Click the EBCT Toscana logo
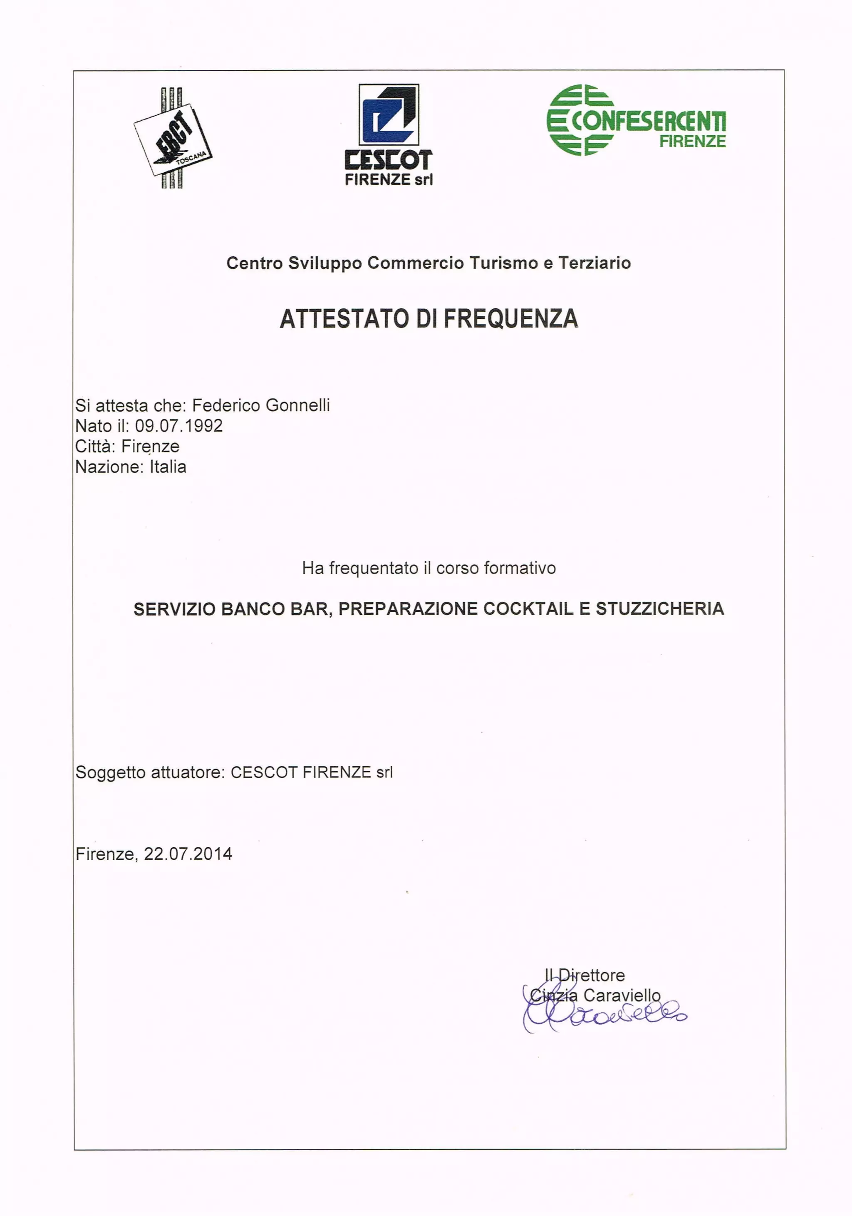tap(173, 139)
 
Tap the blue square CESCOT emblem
tap(389, 114)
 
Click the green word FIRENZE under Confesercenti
tap(692, 141)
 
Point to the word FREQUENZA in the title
tap(510, 319)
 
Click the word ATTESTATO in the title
tap(345, 319)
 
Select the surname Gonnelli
tap(297, 405)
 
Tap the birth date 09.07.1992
tap(178, 426)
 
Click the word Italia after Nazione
tap(168, 467)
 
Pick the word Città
tap(95, 447)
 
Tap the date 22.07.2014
tap(188, 854)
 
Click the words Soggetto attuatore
tap(150, 772)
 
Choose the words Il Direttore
tap(585, 975)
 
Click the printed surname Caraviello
tap(622, 996)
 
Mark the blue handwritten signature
tap(604, 1016)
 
